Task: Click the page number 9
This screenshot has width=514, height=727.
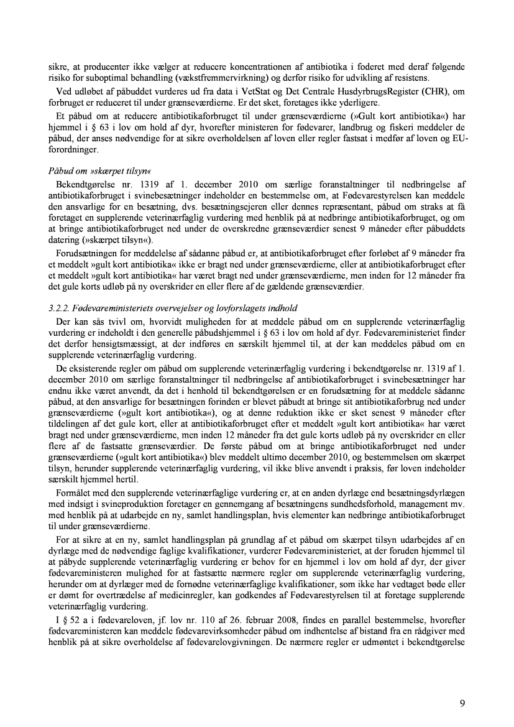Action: tap(462, 703)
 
